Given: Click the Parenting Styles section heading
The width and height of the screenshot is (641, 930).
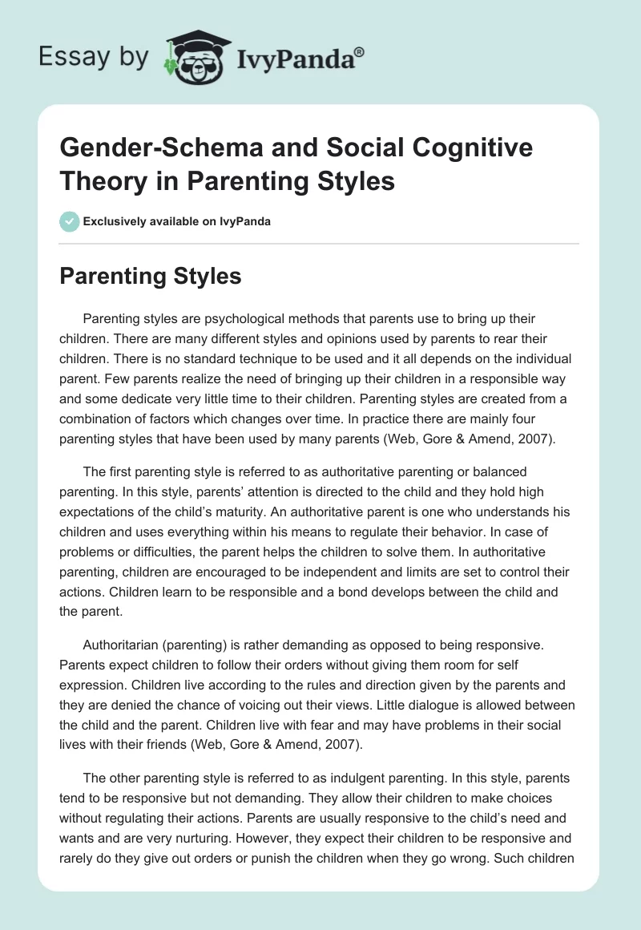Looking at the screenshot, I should tap(151, 277).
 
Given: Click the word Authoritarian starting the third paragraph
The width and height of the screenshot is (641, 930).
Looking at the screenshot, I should tap(124, 644).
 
